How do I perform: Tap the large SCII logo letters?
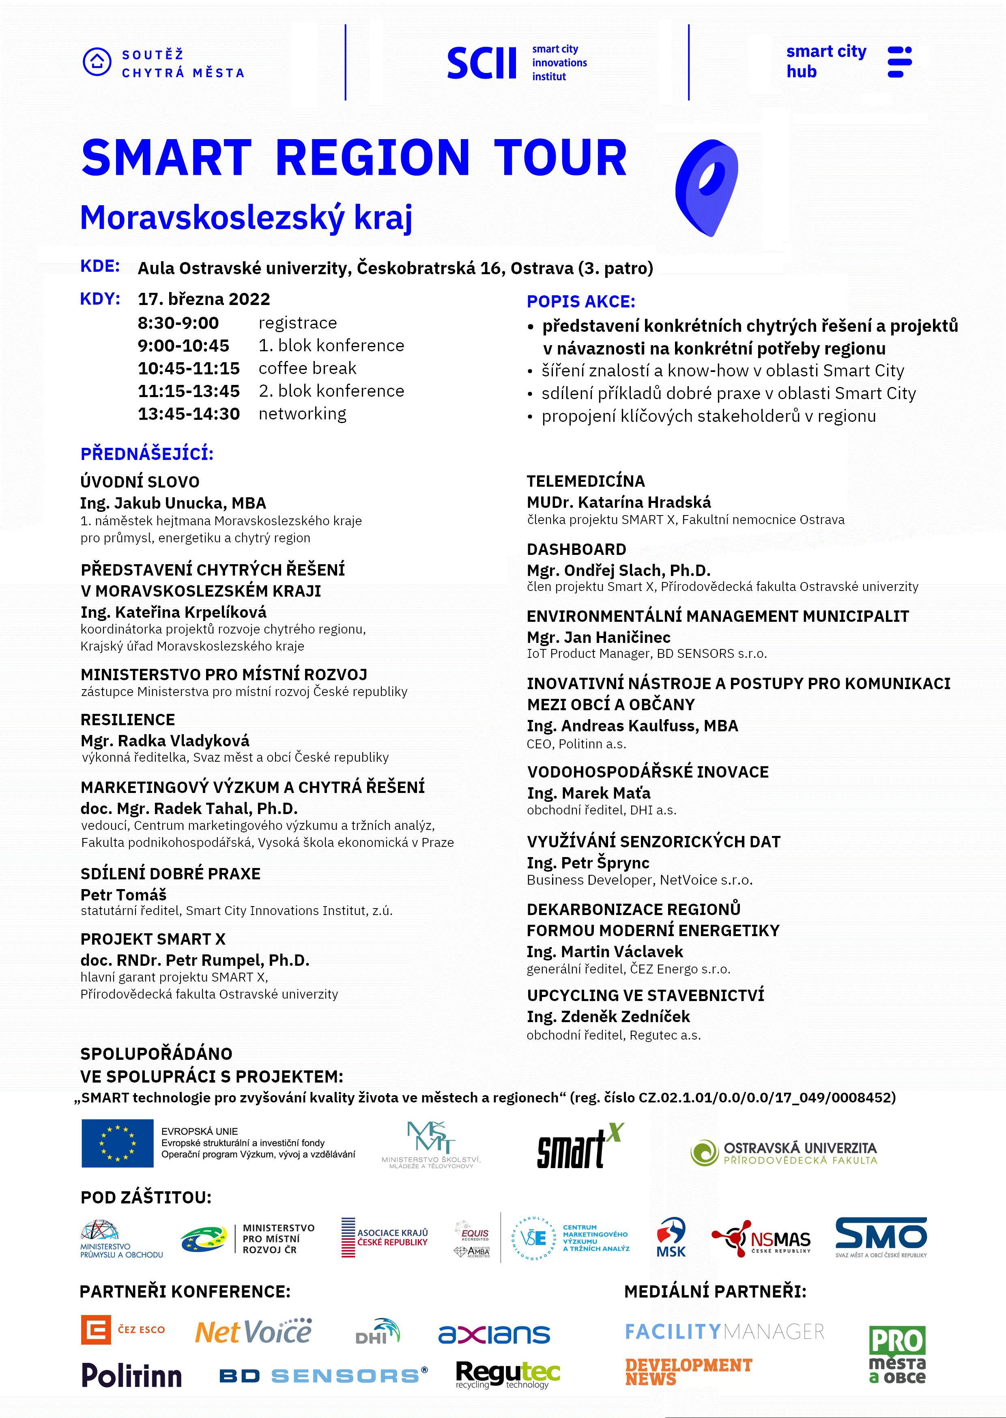click(482, 63)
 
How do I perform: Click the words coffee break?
click(307, 368)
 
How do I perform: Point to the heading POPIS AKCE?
click(580, 301)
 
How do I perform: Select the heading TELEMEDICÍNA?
click(585, 481)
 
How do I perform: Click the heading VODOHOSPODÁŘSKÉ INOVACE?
click(647, 771)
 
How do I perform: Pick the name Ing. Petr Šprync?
click(588, 863)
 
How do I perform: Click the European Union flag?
click(118, 1143)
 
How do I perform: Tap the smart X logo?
click(580, 1146)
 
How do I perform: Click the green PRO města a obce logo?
click(896, 1354)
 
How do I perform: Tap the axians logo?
click(494, 1334)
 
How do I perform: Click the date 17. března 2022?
click(204, 299)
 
